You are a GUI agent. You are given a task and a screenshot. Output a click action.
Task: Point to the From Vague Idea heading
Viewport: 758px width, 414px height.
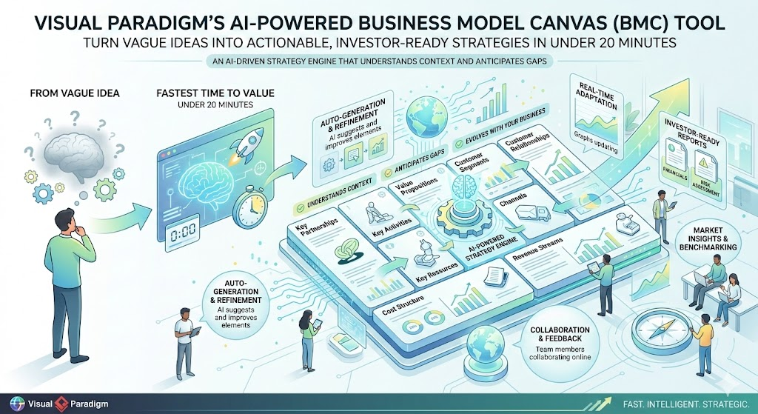click(73, 96)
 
